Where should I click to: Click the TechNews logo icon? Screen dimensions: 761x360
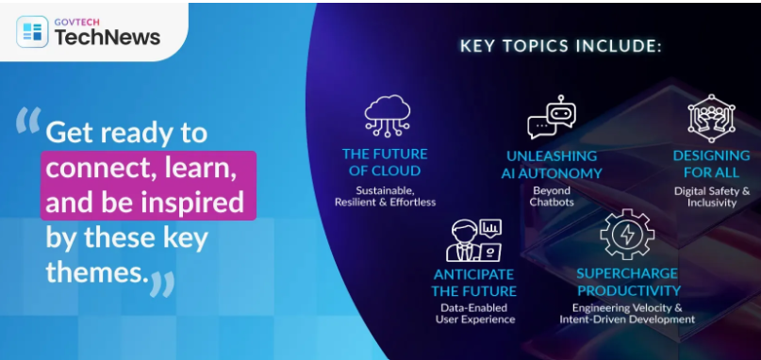[x=32, y=32]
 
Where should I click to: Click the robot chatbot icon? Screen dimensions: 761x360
[x=552, y=117]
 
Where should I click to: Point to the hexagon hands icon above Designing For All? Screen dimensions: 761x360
[x=711, y=119]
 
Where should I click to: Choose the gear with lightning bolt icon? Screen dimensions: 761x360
[x=626, y=235]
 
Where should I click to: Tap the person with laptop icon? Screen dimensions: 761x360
[x=473, y=240]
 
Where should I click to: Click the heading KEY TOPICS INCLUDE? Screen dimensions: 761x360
[x=560, y=46]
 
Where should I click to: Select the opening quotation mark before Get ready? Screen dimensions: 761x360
[x=28, y=120]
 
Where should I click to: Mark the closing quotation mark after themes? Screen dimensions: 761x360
[x=161, y=285]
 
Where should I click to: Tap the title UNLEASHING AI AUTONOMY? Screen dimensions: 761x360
[x=552, y=165]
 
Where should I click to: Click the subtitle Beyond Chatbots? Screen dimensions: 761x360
[x=551, y=196]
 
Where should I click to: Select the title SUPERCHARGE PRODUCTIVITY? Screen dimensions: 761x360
[x=628, y=282]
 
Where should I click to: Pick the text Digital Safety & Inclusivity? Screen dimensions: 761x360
[x=712, y=197]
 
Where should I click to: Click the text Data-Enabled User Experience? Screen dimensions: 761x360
[x=474, y=314]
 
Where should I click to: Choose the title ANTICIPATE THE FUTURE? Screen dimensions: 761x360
[x=474, y=283]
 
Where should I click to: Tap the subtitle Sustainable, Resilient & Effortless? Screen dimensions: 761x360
[x=385, y=195]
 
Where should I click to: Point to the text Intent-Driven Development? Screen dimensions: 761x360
[x=627, y=319]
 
